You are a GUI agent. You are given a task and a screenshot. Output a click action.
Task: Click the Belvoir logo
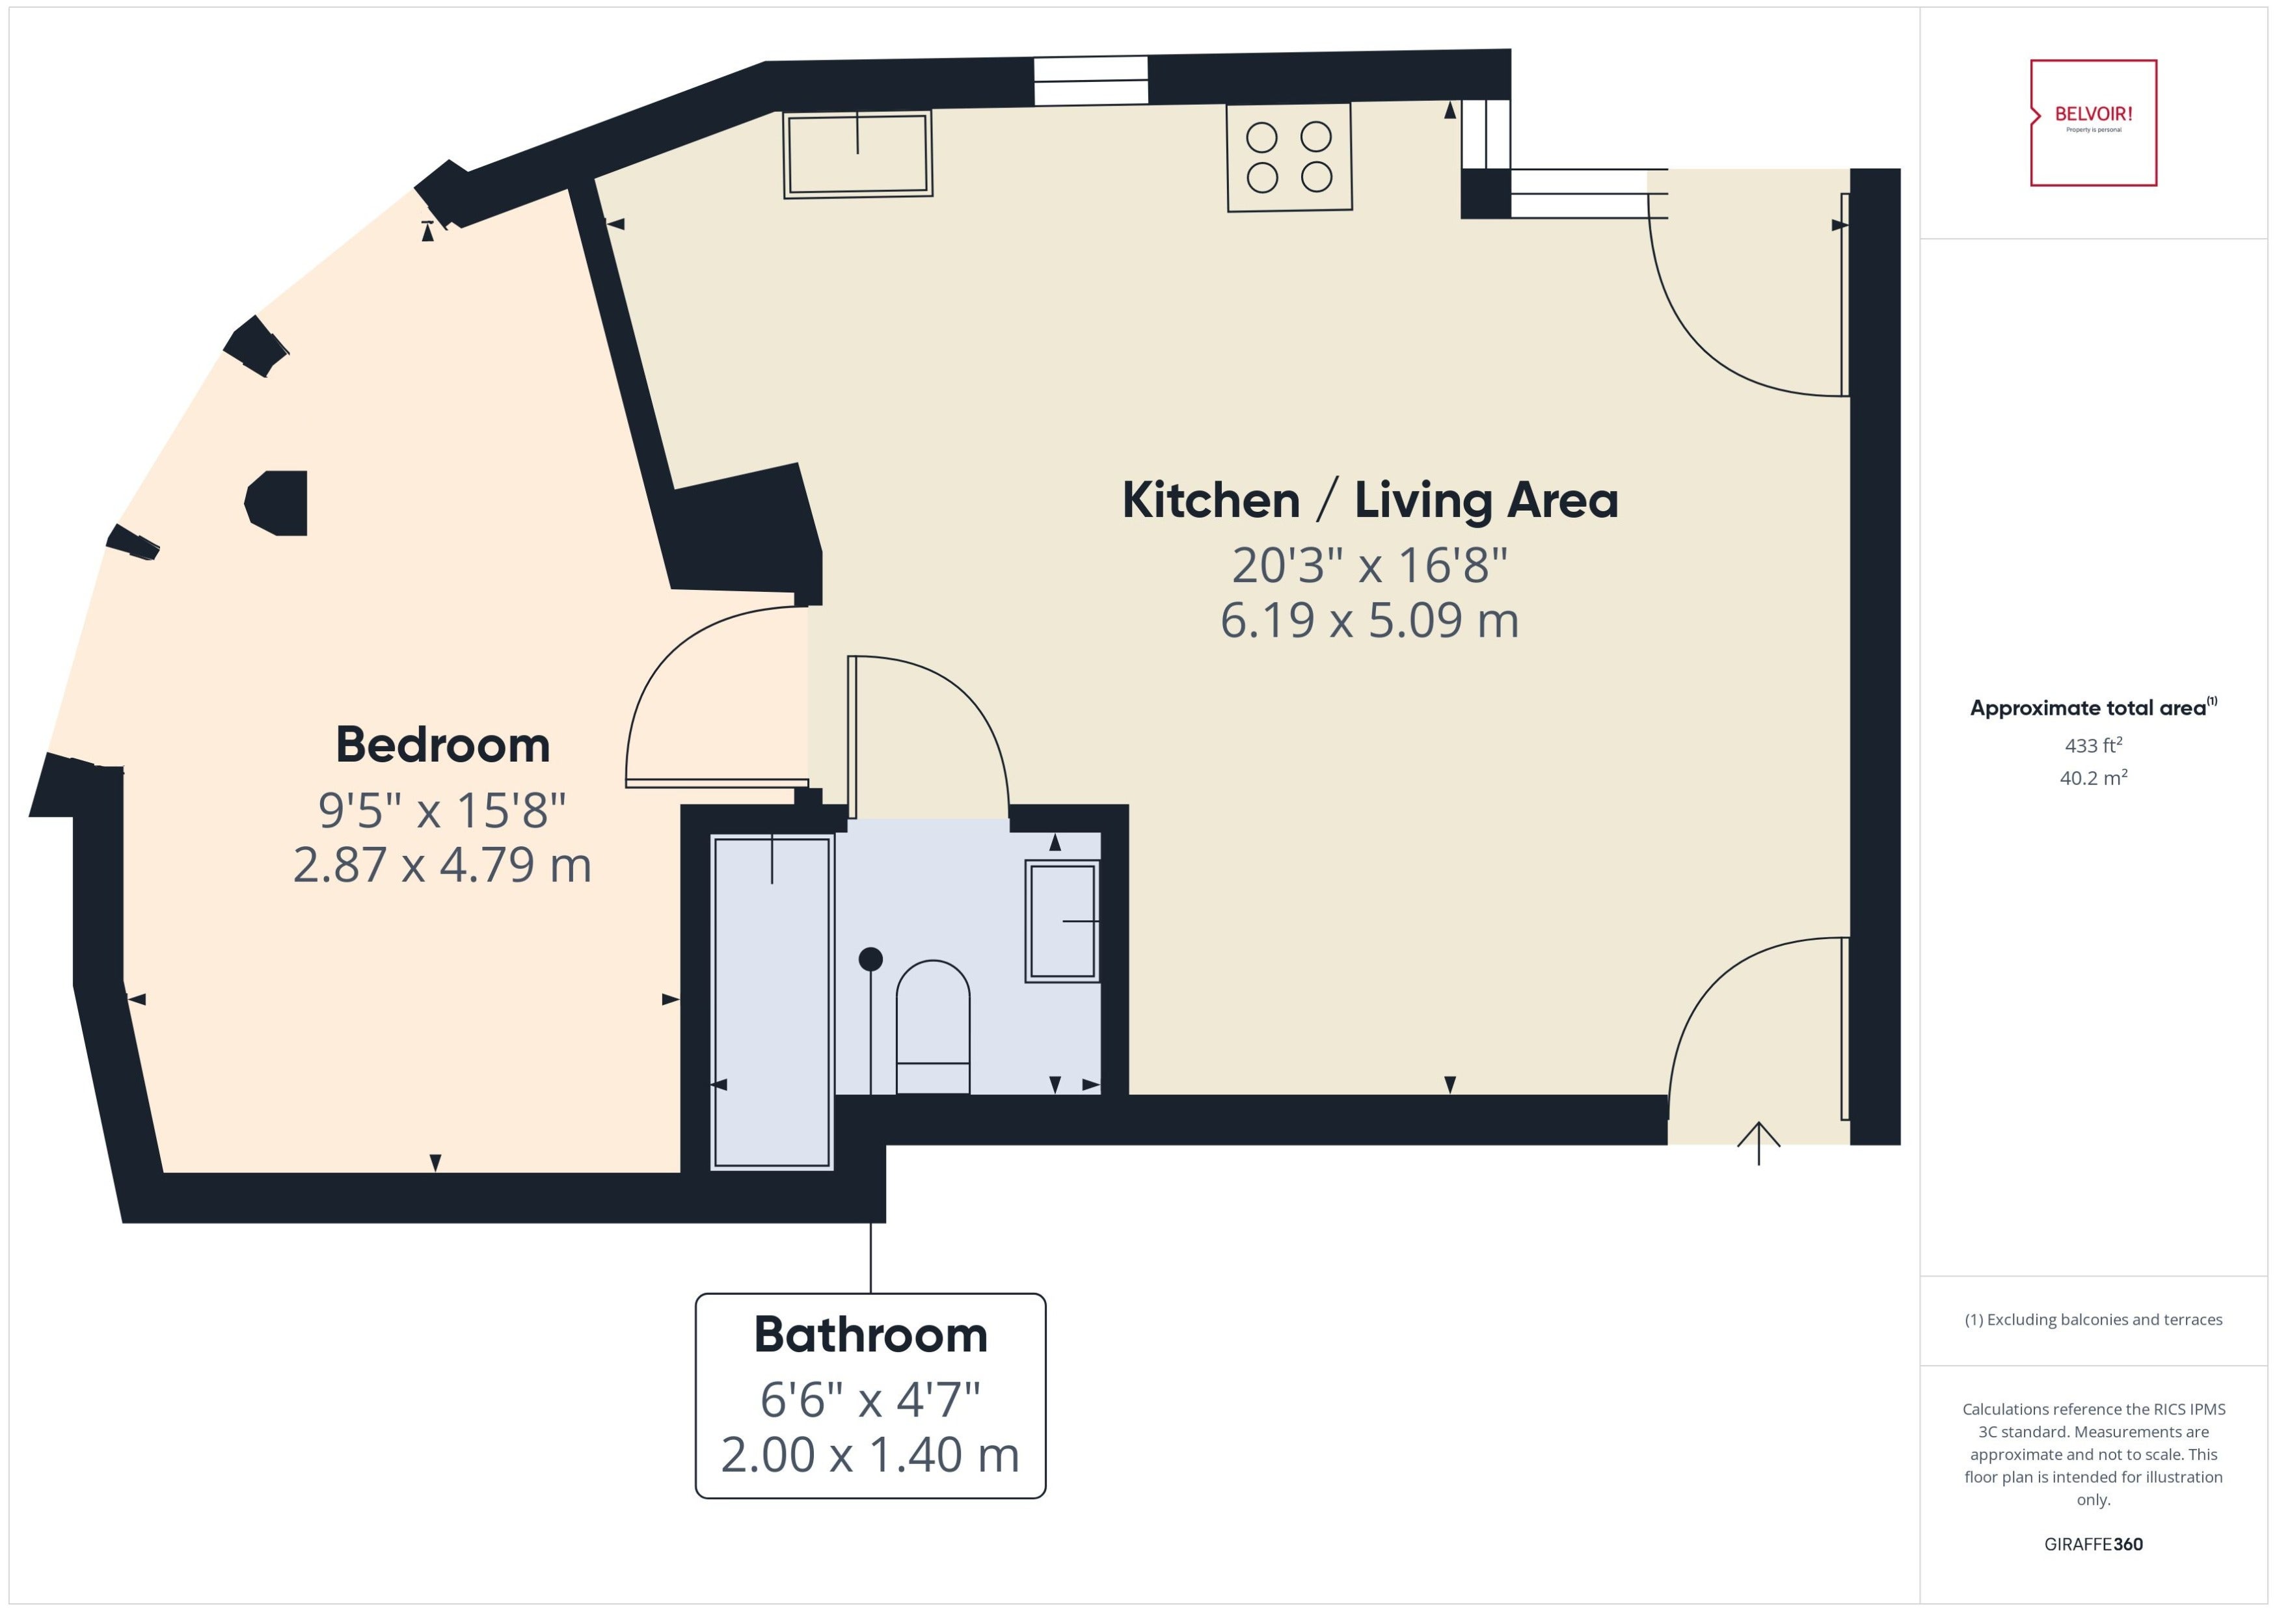tap(2094, 122)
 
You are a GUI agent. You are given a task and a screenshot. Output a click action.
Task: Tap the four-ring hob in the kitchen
tap(1289, 157)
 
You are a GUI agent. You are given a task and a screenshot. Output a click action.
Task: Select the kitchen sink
tap(857, 153)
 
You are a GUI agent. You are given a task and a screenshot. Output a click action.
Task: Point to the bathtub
tap(772, 1002)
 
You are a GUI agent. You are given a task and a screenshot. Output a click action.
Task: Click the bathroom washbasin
tap(1062, 920)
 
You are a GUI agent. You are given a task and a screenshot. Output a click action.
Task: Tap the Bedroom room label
tap(442, 745)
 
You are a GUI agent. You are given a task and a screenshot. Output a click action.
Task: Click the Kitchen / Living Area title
tap(1369, 500)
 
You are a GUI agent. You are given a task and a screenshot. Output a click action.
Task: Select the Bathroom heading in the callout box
tap(870, 1334)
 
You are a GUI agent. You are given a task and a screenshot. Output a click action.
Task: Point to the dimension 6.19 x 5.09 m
tap(1369, 620)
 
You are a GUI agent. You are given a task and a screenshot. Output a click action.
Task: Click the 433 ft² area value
tap(2094, 745)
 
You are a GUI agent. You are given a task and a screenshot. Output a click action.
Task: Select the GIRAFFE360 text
tap(2094, 1543)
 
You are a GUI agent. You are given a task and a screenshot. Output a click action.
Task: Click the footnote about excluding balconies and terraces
tap(2094, 1320)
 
